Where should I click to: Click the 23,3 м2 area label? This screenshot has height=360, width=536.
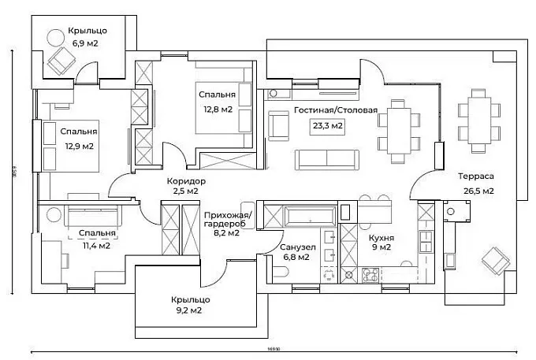click(329, 125)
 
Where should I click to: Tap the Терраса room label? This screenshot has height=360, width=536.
click(478, 178)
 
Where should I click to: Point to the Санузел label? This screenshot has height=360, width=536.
click(298, 247)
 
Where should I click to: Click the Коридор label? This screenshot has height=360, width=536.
click(186, 180)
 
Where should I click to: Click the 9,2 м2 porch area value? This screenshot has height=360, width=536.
click(187, 310)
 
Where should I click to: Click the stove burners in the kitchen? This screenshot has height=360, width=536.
click(369, 275)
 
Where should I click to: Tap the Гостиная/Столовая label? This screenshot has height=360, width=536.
click(336, 110)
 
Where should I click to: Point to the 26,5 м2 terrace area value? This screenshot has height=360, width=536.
click(478, 191)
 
